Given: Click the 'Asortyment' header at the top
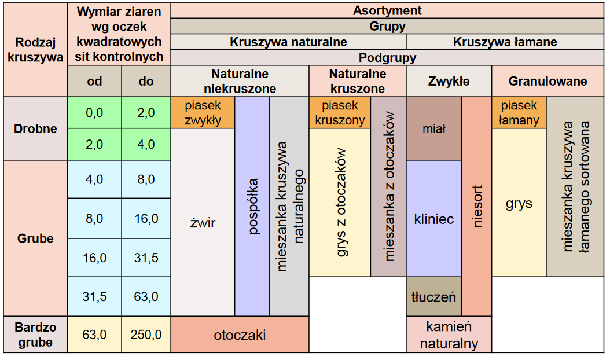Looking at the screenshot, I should coord(387,10).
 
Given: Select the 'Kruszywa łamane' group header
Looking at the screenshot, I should coord(505,42).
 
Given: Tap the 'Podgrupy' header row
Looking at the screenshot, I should coord(387,58).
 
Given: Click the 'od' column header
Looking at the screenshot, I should coord(94,81).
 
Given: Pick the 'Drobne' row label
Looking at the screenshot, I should coord(35,128).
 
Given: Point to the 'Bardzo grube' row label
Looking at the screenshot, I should coord(35,334).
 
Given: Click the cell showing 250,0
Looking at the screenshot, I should coord(146,334).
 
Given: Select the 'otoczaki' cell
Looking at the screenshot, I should coord(240,335).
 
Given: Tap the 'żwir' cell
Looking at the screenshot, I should coord(203,222).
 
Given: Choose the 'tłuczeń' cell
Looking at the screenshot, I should coord(433,297).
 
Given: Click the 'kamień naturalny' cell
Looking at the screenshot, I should coord(449,335).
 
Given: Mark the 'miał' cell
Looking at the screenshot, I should coord(433,128).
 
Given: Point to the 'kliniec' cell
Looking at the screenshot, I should coord(433,219).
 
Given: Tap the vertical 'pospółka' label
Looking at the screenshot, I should coord(252,207).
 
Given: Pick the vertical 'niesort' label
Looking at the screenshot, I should coord(477,207).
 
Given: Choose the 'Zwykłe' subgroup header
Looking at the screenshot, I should coord(449,82).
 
